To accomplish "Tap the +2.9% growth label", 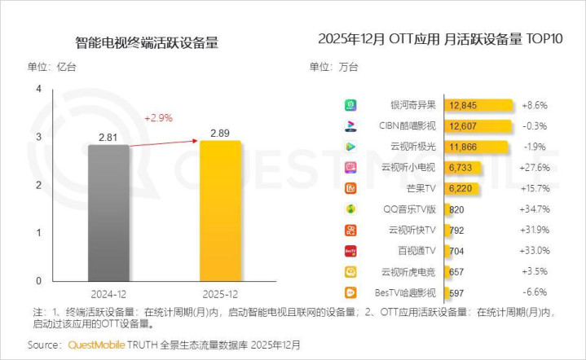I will pos(158,118).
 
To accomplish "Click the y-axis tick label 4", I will pos(38,89).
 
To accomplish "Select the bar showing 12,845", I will pos(478,105).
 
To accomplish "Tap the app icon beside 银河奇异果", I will pos(350,105).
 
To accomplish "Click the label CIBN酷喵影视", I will pos(408,125).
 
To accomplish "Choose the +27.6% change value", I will pos(535,168).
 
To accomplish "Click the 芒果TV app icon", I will pos(350,188).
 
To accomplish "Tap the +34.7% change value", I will pos(535,209).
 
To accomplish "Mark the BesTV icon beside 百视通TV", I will pos(350,251).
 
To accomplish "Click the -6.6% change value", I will pos(535,292).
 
